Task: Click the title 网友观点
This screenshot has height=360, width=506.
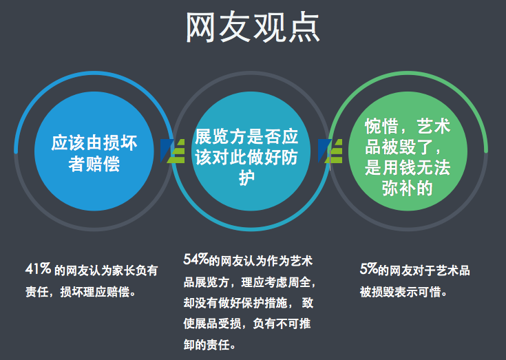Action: click(253, 27)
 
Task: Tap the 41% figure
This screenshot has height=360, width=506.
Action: click(38, 268)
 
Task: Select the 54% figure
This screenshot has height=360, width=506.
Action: click(196, 259)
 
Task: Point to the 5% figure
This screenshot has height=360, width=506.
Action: click(368, 268)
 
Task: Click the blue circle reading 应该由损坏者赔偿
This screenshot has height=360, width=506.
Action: click(94, 151)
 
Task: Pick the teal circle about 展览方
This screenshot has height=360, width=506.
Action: click(251, 151)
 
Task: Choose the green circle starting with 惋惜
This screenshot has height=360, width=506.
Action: click(408, 151)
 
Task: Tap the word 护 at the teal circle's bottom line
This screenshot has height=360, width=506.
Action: click(246, 178)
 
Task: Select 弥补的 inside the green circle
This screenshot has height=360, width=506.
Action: click(408, 188)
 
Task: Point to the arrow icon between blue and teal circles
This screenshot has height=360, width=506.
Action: click(172, 151)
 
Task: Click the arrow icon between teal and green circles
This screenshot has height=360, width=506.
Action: click(330, 151)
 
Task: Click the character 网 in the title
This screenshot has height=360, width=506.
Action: click(201, 28)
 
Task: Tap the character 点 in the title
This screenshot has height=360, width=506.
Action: click(304, 28)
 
